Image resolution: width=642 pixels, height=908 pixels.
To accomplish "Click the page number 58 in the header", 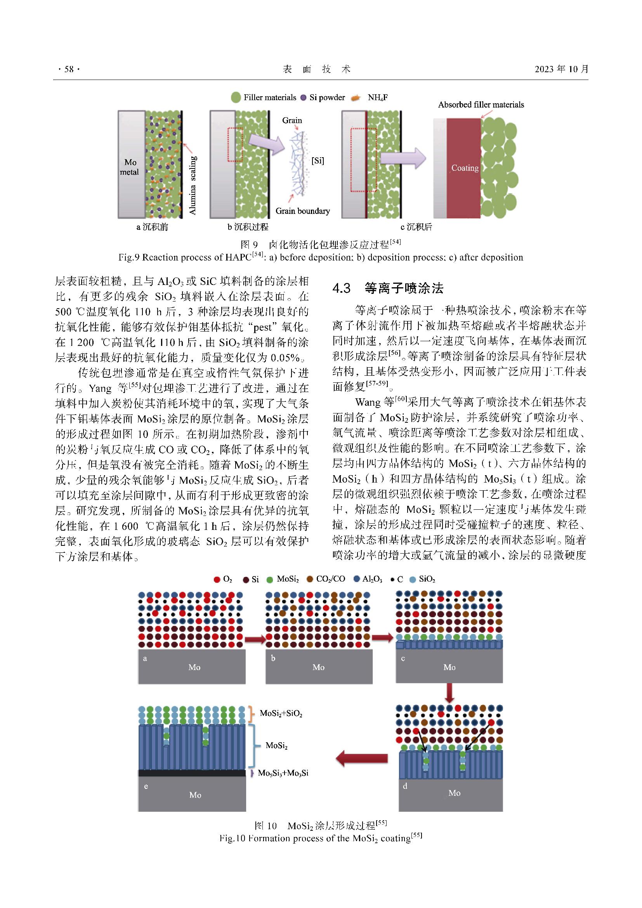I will pyautogui.click(x=69, y=69).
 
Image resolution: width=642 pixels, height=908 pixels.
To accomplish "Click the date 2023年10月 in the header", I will pyautogui.click(x=561, y=69).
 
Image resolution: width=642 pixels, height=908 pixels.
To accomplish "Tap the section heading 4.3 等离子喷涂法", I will pyautogui.click(x=387, y=288).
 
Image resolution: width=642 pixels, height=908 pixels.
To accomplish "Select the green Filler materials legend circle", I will pyautogui.click(x=236, y=97).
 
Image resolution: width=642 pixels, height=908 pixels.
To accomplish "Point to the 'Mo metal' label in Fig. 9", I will pyautogui.click(x=130, y=167).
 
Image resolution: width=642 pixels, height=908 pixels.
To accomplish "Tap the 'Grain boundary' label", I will pyautogui.click(x=302, y=211).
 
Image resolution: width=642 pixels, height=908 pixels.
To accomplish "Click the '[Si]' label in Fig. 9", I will pyautogui.click(x=318, y=161).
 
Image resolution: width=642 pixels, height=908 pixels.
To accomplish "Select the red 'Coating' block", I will pyautogui.click(x=464, y=168).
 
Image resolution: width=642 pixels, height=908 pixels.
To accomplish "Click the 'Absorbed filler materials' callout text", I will pyautogui.click(x=481, y=105).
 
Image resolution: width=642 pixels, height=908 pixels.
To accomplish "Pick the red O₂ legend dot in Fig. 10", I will pyautogui.click(x=217, y=579).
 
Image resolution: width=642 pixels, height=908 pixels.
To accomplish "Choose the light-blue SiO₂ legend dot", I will pyautogui.click(x=412, y=579).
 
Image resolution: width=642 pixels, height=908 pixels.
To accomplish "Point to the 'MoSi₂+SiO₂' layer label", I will pyautogui.click(x=281, y=714).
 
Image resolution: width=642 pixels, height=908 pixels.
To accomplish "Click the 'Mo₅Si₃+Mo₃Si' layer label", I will pyautogui.click(x=283, y=773).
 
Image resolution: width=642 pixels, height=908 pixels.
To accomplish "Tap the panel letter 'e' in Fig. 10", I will pyautogui.click(x=146, y=786).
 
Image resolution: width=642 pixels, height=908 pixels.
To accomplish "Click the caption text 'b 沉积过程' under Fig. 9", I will pyautogui.click(x=248, y=227).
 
